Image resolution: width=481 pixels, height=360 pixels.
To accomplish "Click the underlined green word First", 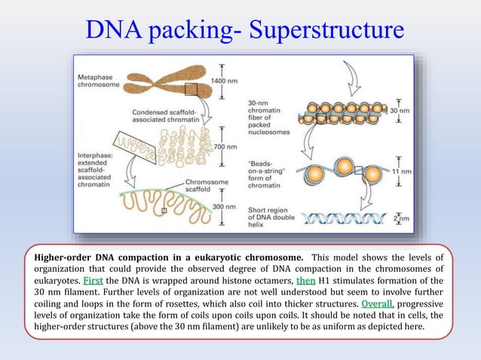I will (93, 280).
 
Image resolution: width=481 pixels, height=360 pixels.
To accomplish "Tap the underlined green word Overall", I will (377, 304).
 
